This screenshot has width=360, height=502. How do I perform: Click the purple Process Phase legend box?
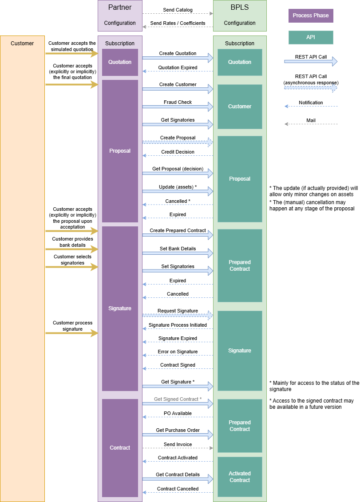point(311,16)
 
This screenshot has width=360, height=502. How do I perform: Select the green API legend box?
point(311,37)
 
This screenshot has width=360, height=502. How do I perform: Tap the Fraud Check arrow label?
point(178,102)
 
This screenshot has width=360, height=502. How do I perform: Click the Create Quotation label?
point(178,53)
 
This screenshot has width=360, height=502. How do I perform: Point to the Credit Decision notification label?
point(178,152)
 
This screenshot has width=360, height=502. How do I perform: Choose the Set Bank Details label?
point(178,249)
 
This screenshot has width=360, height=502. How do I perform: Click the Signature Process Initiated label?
point(178,325)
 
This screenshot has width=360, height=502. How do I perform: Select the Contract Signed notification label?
point(178,365)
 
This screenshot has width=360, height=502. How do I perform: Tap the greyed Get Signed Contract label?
point(178,399)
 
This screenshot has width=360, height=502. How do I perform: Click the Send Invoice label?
point(178,444)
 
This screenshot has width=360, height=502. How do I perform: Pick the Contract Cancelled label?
point(178,489)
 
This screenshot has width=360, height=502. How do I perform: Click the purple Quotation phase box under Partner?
point(120,62)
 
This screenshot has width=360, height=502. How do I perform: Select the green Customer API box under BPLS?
point(240,107)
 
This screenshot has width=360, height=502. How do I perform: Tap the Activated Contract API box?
point(240,477)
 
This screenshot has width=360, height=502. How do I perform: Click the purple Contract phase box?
point(120,448)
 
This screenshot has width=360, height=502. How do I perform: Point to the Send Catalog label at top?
point(178,9)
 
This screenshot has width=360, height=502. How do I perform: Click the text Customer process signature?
point(72,326)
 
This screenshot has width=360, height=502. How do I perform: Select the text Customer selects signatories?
point(72,260)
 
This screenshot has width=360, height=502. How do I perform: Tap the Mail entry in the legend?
point(311,120)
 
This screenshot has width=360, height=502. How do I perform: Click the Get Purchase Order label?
point(178,430)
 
